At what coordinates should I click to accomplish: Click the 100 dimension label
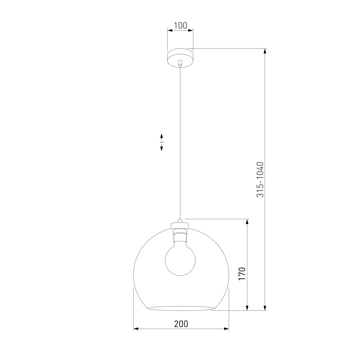180,26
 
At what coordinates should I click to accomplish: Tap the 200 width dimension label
181,324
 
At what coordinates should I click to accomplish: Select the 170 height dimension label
242,274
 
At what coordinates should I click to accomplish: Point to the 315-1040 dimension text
260,180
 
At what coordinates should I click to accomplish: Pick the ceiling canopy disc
180,58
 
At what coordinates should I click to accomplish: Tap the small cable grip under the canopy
180,63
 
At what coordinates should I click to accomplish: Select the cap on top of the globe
180,225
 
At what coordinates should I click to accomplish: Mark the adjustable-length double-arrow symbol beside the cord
161,142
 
